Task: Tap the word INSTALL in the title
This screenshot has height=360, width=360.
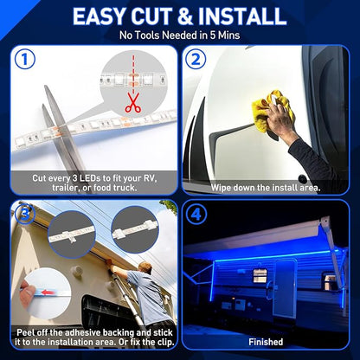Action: pos(242,16)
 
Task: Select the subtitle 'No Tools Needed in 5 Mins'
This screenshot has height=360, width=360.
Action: pos(180,35)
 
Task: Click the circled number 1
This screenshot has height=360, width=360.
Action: pos(25,59)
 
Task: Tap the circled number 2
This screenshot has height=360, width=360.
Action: pos(196,59)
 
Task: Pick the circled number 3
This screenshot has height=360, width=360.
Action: pos(25,214)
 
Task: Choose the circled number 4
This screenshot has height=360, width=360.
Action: pos(196,214)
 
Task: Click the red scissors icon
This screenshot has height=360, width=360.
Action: pos(132,102)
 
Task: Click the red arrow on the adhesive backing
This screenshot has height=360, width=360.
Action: pos(48,292)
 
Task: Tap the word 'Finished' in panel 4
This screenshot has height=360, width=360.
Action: pos(266,342)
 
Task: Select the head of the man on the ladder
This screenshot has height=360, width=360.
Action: pos(145,267)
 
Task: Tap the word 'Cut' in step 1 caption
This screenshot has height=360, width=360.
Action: pos(40,178)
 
